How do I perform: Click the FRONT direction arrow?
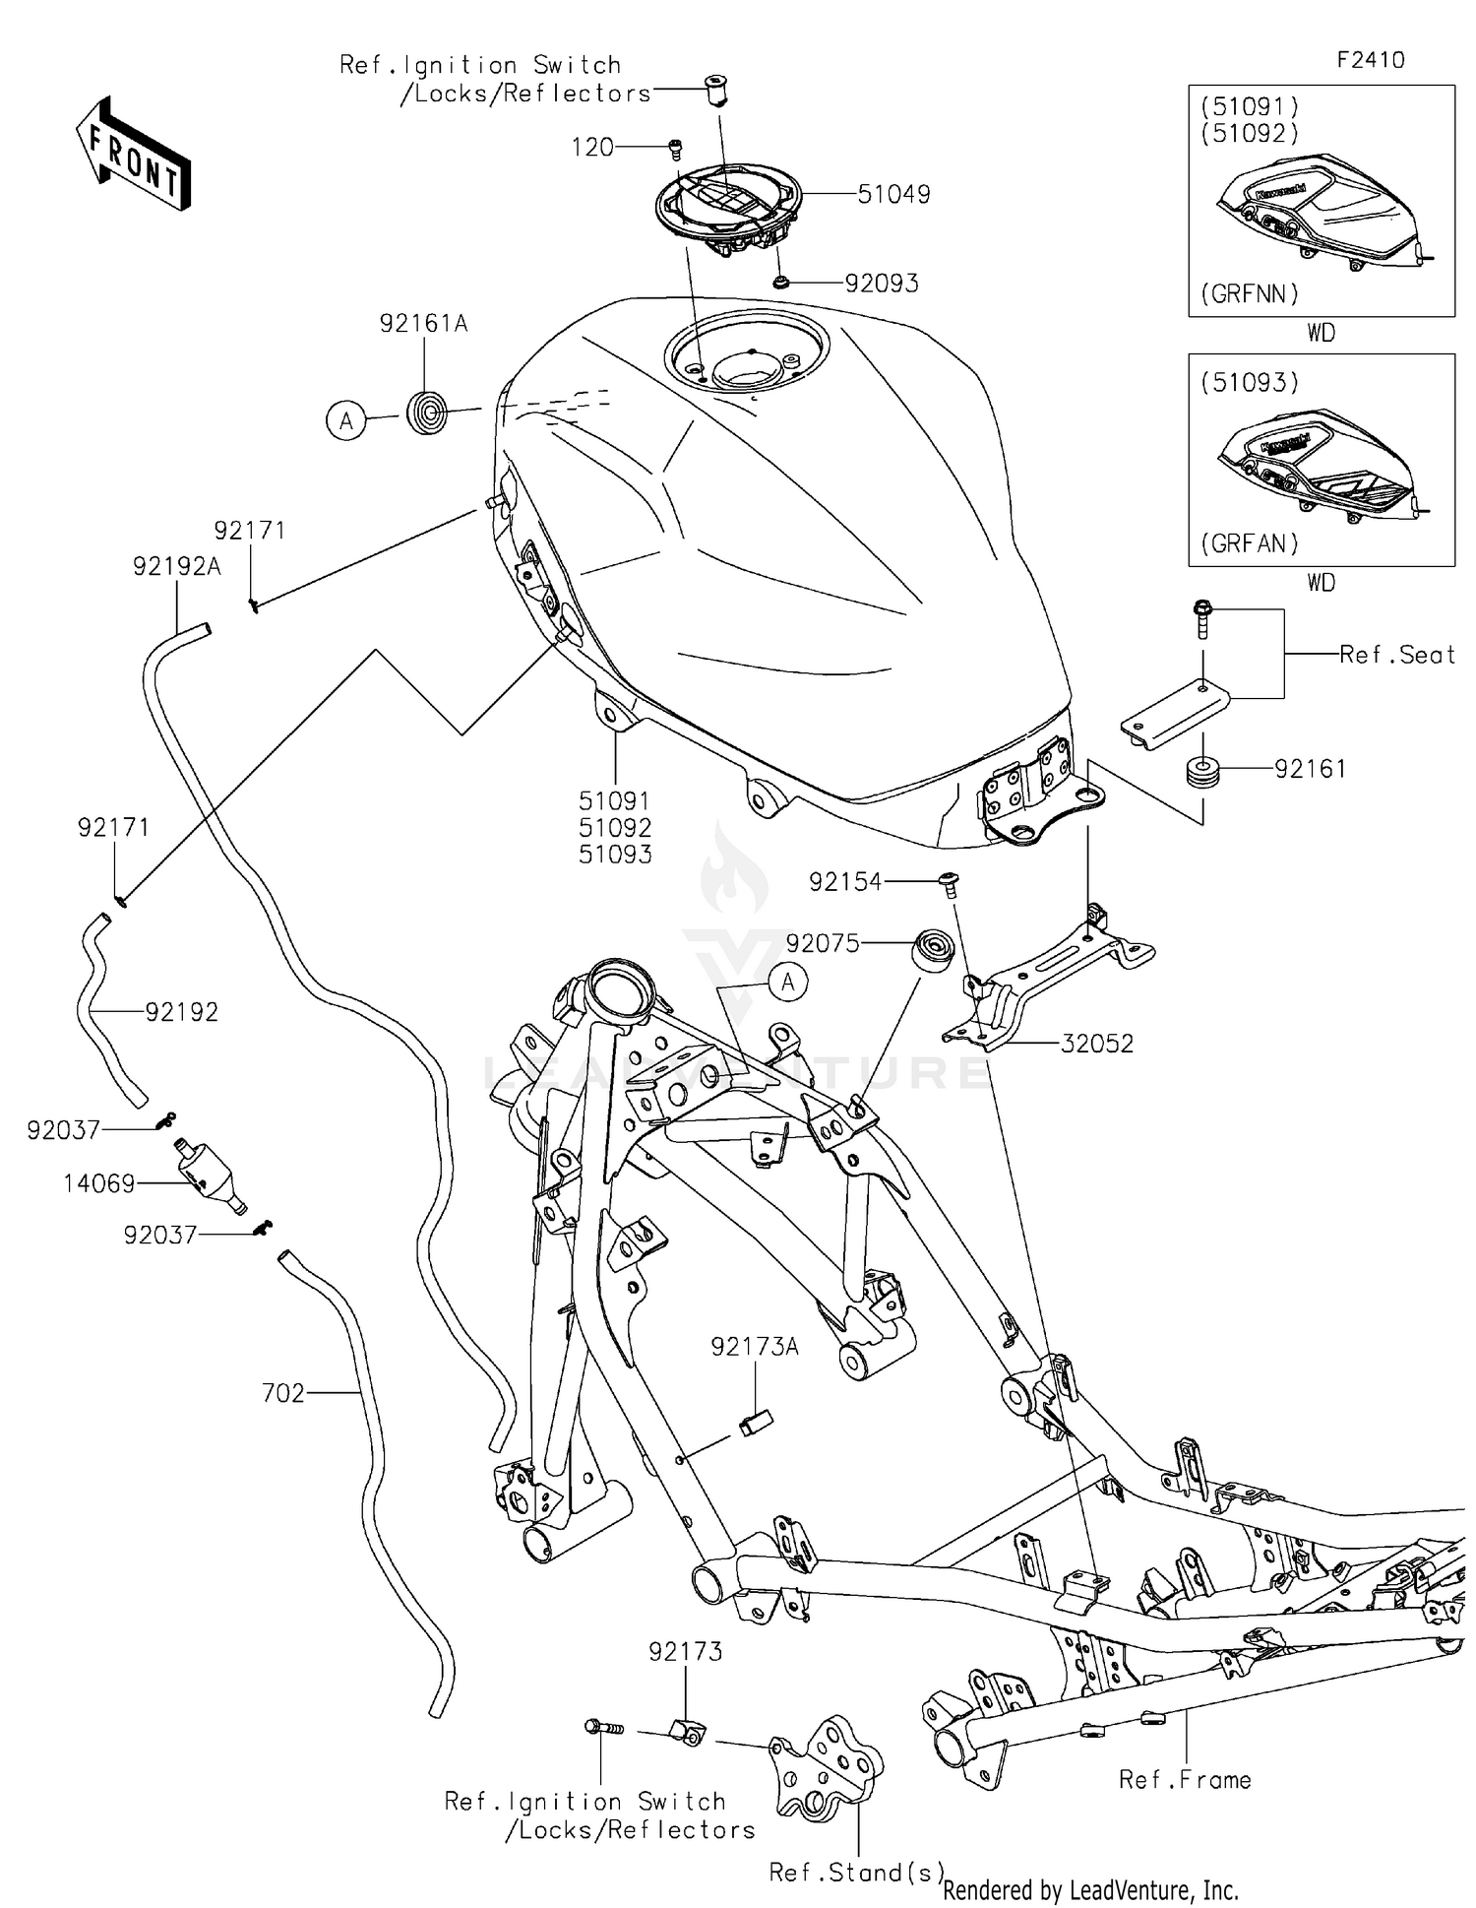pos(133,155)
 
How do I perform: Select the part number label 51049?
pos(893,195)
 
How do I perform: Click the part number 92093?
pos(882,284)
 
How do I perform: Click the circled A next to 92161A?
pos(346,421)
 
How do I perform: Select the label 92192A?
pos(177,567)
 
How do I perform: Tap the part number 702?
pos(283,1393)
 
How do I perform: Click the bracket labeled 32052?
pos(1043,985)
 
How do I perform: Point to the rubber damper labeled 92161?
pos(1201,771)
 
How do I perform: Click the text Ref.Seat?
pos(1396,655)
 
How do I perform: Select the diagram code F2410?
pos(1371,60)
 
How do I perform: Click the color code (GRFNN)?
pos(1250,293)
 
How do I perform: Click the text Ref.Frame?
pos(1185,1780)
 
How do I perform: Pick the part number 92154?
pos(845,883)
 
